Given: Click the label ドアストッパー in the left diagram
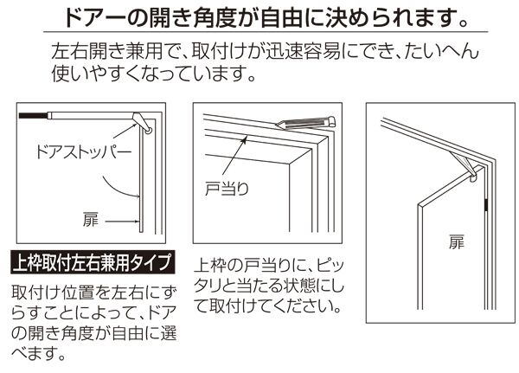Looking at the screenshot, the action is [x=84, y=152].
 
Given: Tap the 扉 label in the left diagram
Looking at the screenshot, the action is [x=91, y=219].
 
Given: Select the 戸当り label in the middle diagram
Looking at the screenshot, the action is [x=227, y=190].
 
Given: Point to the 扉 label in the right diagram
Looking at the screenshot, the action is [x=457, y=242].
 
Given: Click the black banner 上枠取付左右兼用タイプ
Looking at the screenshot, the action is [x=93, y=262].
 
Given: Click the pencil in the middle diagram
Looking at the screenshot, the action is [x=305, y=123].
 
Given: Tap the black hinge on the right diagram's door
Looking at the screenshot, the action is [x=485, y=205].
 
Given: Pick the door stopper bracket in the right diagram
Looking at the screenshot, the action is [x=465, y=164].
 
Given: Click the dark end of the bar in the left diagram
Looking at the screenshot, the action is [x=33, y=116].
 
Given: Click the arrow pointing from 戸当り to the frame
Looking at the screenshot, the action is [x=234, y=155].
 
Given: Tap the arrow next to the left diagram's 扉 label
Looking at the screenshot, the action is [x=123, y=222].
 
